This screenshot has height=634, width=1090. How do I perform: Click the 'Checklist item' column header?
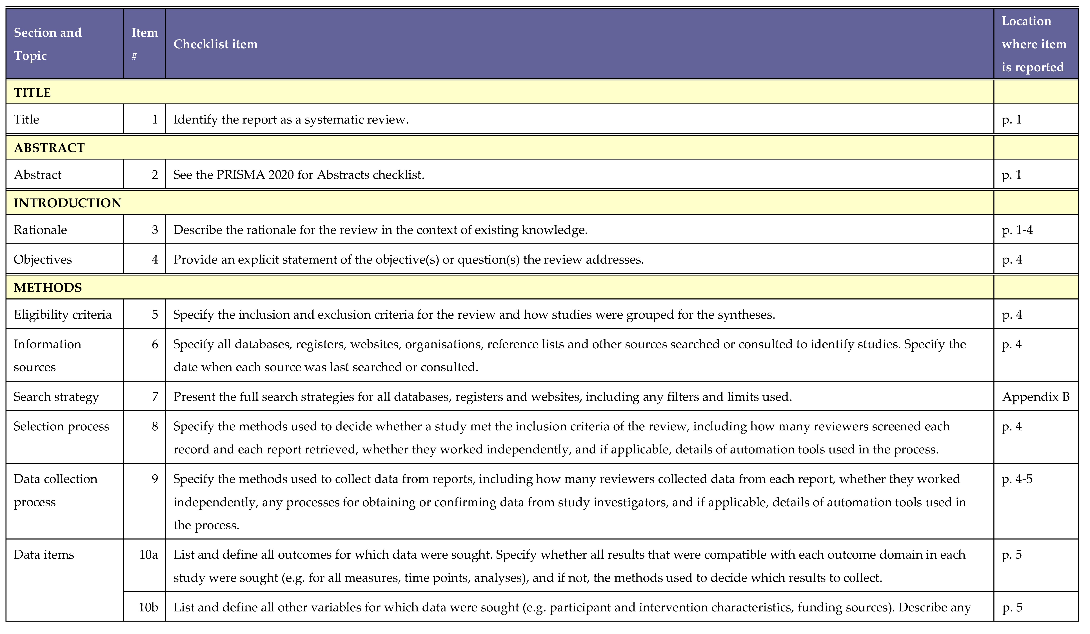pyautogui.click(x=215, y=44)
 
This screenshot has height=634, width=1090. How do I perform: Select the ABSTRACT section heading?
pyautogui.click(x=49, y=148)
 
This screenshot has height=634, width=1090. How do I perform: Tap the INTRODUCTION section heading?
pyautogui.click(x=68, y=203)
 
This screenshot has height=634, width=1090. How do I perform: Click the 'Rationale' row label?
pyautogui.click(x=40, y=230)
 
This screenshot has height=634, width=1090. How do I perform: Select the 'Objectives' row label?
pyautogui.click(x=43, y=260)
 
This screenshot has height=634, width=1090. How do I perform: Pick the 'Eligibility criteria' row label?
pyautogui.click(x=63, y=315)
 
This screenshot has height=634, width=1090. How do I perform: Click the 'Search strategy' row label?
pyautogui.click(x=56, y=397)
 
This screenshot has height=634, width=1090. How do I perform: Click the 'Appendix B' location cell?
pyautogui.click(x=1036, y=397)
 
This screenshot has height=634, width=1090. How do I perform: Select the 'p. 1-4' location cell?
pyautogui.click(x=1017, y=230)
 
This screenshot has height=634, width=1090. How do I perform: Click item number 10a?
pyautogui.click(x=148, y=555)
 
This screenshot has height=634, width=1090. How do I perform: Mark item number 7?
pyautogui.click(x=155, y=397)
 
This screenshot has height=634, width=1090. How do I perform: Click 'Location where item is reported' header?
pyautogui.click(x=1034, y=44)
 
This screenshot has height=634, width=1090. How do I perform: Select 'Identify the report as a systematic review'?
pyautogui.click(x=291, y=119)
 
